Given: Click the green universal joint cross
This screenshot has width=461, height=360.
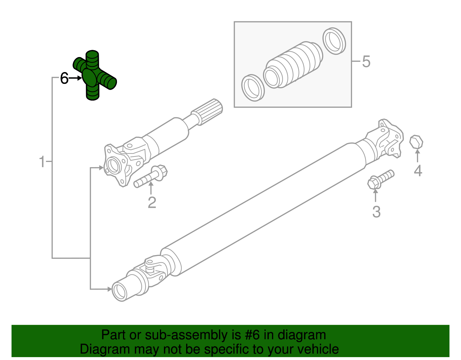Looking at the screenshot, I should tap(93, 76).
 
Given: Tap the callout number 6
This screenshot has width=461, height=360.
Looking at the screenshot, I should tap(64, 78).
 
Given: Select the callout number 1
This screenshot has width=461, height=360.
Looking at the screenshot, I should tap(42, 162).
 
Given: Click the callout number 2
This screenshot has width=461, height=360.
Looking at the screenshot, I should tap(152, 202).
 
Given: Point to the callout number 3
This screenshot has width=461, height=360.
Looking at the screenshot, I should tap(376, 212).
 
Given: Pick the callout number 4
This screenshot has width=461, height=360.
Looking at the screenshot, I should tap(418, 171).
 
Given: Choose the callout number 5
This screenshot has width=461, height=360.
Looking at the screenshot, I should tap(366, 62).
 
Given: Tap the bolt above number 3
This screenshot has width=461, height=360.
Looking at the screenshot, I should tap(380, 179).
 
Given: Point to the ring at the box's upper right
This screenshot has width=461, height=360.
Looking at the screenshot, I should tap(334, 41).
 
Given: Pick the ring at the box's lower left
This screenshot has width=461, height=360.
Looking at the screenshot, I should tap(253, 88).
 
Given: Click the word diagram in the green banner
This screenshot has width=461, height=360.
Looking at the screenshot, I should tap(302, 335).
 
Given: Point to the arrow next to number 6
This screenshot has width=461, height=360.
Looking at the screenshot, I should tap(75, 78).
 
